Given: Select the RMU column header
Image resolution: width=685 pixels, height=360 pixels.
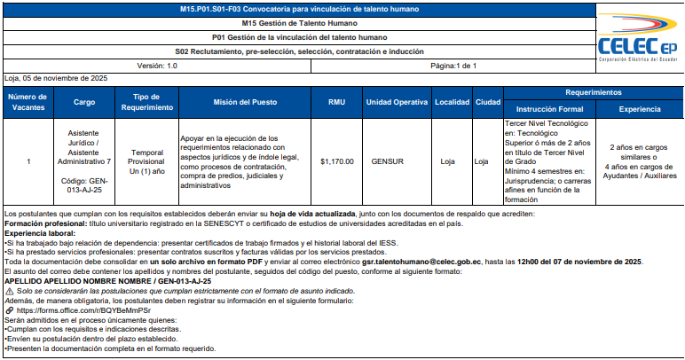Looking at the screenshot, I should (x=336, y=102).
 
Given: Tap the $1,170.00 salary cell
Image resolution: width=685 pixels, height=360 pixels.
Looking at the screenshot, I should (x=336, y=161).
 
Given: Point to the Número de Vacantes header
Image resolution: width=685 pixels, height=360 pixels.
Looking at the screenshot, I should (x=28, y=102).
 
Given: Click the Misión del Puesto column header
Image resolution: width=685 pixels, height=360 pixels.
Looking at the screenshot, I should (x=247, y=102).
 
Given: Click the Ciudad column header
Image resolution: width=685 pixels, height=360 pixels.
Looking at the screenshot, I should (x=487, y=102).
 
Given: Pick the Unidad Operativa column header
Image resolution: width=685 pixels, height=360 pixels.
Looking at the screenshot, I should (x=398, y=102).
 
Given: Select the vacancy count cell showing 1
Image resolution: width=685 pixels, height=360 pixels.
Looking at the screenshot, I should (x=28, y=161).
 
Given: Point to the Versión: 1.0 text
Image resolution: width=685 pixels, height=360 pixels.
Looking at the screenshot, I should (x=157, y=66).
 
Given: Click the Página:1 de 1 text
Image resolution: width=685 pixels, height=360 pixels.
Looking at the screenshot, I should (x=453, y=66).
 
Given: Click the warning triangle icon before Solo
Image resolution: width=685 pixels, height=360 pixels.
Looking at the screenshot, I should (x=9, y=292).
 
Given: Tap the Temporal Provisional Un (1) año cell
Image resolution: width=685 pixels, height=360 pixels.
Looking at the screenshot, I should (x=147, y=161).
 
